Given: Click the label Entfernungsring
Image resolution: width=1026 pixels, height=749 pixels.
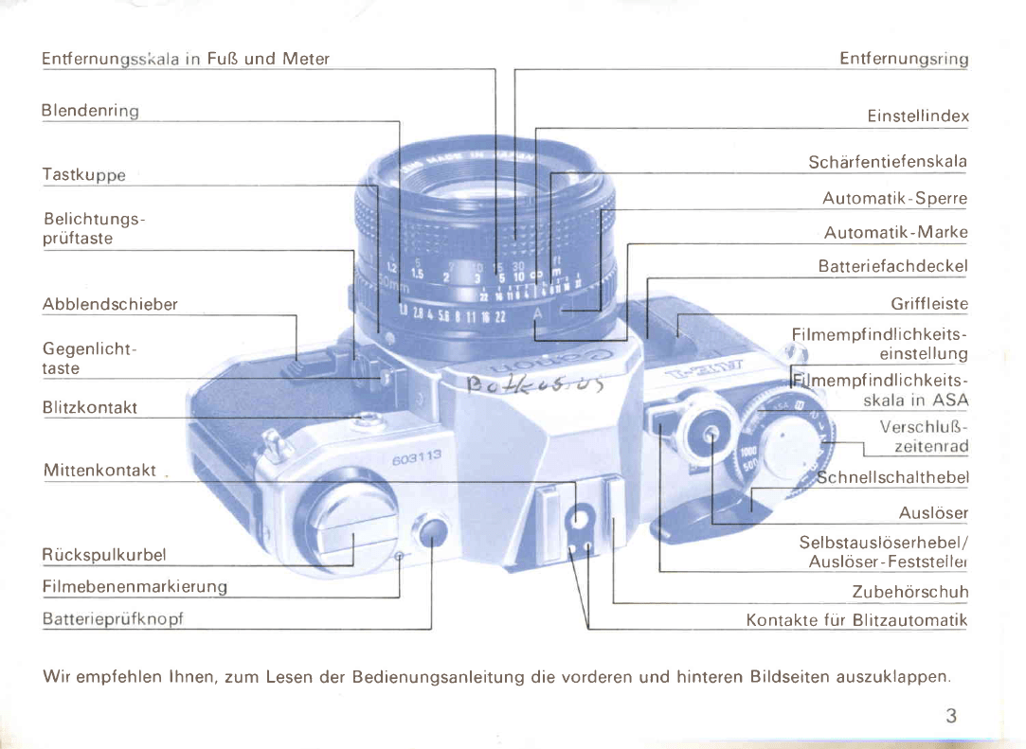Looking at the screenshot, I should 903,59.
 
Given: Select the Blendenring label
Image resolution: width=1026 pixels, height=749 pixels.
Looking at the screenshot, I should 90,111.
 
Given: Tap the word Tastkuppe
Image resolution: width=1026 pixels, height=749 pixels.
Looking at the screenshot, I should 83,175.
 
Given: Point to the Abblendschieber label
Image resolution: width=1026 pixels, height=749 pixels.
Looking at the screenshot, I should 109,305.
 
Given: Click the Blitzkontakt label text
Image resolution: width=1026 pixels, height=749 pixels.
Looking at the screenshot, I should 90,407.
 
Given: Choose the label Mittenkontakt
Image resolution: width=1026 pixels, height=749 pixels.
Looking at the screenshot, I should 99,471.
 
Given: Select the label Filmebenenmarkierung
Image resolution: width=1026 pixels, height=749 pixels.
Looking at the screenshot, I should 135,587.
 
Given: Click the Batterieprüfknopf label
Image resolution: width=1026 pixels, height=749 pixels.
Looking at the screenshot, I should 112,619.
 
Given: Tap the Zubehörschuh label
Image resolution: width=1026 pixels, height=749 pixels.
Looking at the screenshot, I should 909,593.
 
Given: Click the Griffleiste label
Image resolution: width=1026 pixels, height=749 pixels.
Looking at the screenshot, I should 928,305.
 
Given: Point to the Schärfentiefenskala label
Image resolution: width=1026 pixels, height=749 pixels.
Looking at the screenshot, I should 887,162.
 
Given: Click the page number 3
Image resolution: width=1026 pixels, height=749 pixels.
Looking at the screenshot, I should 950,716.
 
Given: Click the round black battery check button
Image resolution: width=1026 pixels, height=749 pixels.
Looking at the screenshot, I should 432,533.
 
